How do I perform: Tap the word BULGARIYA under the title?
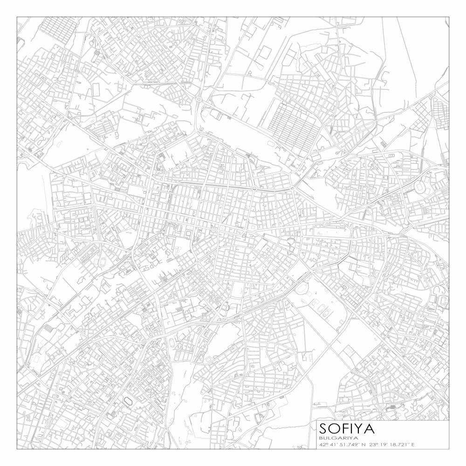pos(338,438)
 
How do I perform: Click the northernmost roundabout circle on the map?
pos(199,99)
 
